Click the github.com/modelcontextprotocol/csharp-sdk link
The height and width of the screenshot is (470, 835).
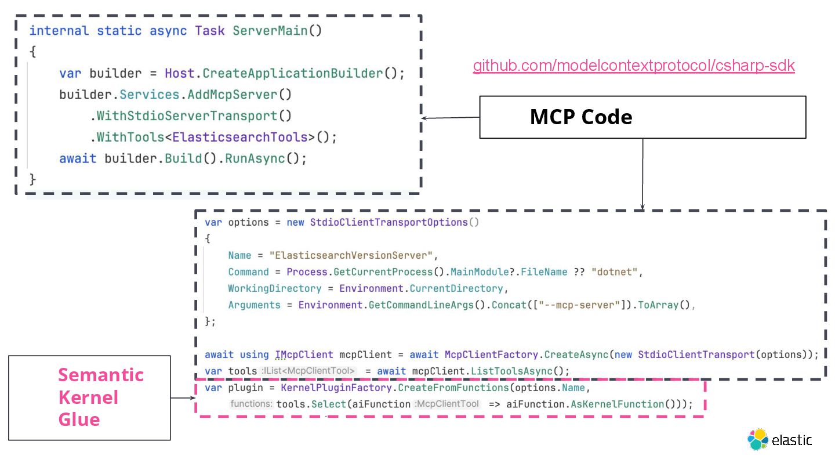[x=633, y=66]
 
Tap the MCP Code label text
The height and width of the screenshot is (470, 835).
[x=581, y=117]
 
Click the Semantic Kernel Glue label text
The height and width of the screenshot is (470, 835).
[x=101, y=397]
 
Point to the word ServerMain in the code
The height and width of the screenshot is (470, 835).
[x=270, y=31]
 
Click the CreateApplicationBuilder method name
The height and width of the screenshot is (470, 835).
[x=292, y=74]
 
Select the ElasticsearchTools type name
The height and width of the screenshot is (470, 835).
[x=239, y=138]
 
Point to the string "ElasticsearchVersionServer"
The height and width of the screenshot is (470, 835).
[x=355, y=255]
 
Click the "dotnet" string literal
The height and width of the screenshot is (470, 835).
[x=616, y=272]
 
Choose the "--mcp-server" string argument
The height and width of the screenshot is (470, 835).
[x=579, y=305]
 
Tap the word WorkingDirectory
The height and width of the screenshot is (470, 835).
[x=266, y=288]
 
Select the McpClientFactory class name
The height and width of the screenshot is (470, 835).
[x=492, y=355]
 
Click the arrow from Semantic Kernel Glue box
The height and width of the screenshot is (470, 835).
[x=183, y=398]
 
